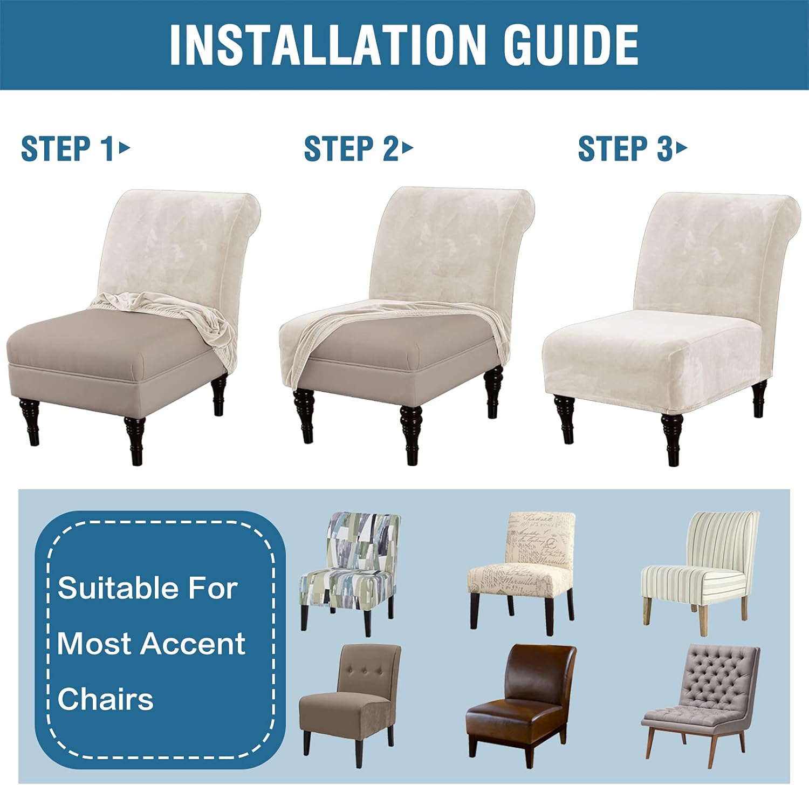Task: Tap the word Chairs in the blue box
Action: [105, 699]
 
